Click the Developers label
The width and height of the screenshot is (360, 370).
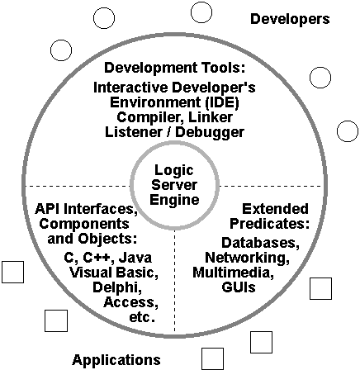[x=290, y=19]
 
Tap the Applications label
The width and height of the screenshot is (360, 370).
[x=116, y=360]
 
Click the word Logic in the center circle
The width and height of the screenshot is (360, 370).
[x=174, y=170]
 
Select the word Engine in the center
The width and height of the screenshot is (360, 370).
[x=174, y=199]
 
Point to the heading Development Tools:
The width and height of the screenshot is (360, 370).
[x=174, y=68]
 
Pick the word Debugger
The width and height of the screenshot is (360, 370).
[x=210, y=132]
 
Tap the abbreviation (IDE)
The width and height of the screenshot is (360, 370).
[x=222, y=102]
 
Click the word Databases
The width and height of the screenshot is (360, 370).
[x=260, y=243]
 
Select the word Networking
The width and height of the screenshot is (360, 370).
[x=247, y=258]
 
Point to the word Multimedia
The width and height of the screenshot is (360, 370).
[x=233, y=273]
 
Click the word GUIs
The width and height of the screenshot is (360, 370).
[x=239, y=287]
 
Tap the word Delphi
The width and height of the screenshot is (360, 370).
[x=117, y=287]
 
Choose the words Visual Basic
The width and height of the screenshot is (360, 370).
[x=114, y=273]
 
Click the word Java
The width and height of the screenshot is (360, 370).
[x=135, y=258]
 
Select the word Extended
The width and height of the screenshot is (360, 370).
[x=275, y=209]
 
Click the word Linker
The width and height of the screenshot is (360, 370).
[x=211, y=117]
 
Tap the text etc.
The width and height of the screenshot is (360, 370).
[x=142, y=317]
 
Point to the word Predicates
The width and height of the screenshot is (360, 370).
[x=269, y=224]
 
